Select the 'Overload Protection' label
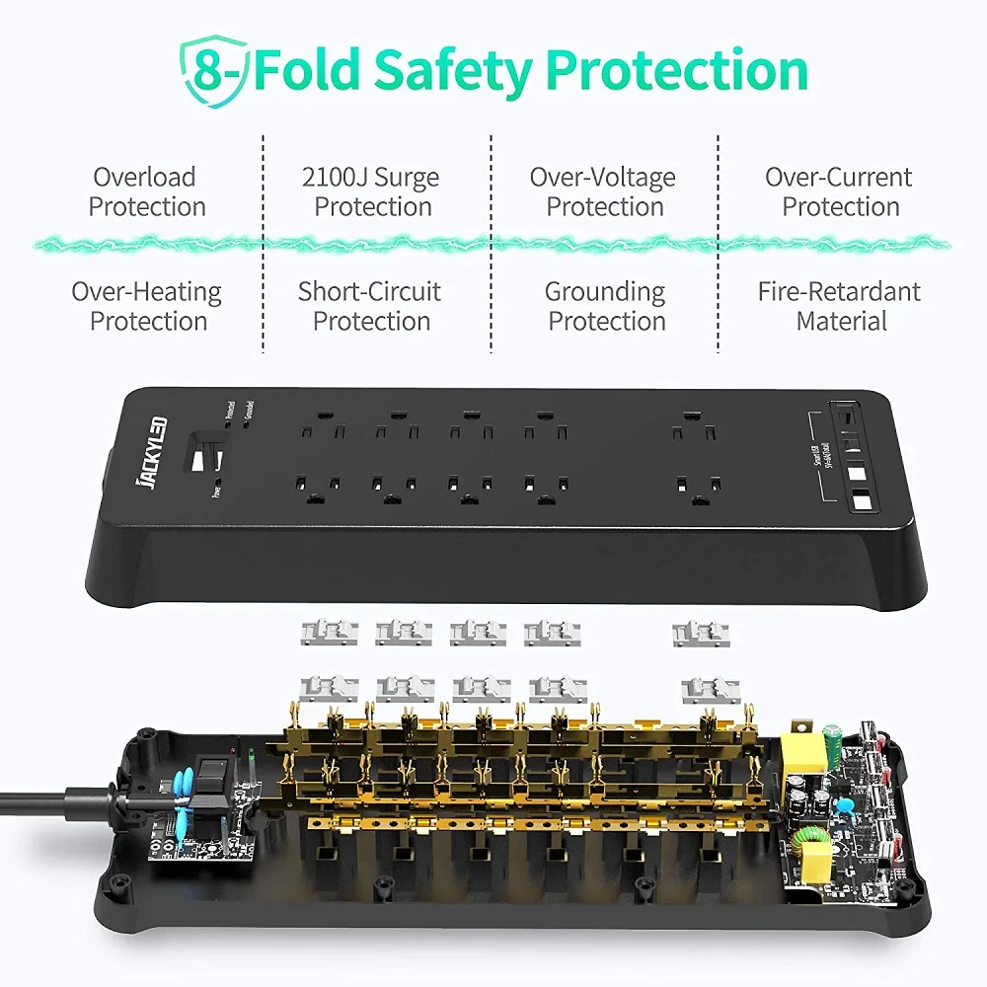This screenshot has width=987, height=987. click(145, 191)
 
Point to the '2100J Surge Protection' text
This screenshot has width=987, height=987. click(371, 191)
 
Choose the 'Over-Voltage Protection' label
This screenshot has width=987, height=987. click(603, 191)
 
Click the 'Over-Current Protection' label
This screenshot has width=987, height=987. click(840, 191)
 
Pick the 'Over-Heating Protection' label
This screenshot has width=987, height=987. click(147, 306)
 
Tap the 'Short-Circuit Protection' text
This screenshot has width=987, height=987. click(370, 306)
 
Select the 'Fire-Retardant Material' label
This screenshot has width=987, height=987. click(839, 306)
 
